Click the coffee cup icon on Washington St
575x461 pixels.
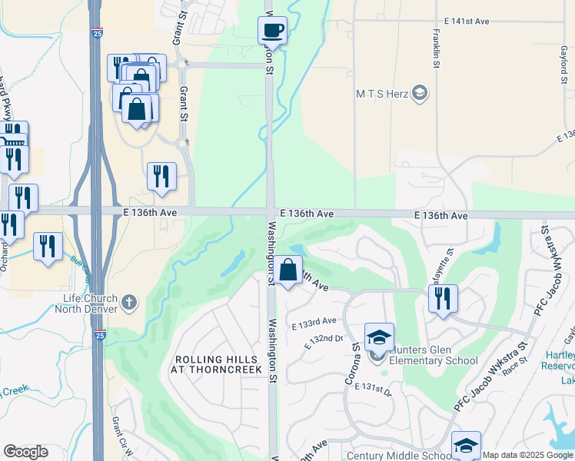[272, 31]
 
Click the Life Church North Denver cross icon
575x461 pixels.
[129, 302]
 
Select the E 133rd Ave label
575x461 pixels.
[314, 320]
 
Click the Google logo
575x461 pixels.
[25, 452]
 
